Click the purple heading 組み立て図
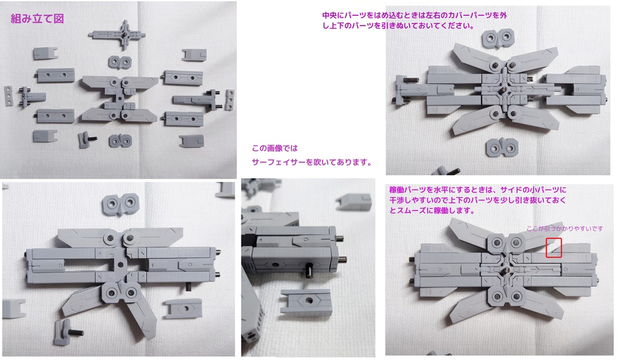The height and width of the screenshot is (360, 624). [37, 19]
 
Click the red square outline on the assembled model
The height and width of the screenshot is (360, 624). [553, 247]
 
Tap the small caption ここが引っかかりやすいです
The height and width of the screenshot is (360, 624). [564, 228]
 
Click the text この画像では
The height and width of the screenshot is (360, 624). [275, 148]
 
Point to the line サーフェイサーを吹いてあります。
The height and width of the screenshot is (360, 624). [311, 162]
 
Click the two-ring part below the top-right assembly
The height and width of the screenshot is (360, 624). [504, 146]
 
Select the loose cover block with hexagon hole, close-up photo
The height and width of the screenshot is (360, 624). [306, 302]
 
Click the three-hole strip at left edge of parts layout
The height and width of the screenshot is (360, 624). [8, 97]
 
